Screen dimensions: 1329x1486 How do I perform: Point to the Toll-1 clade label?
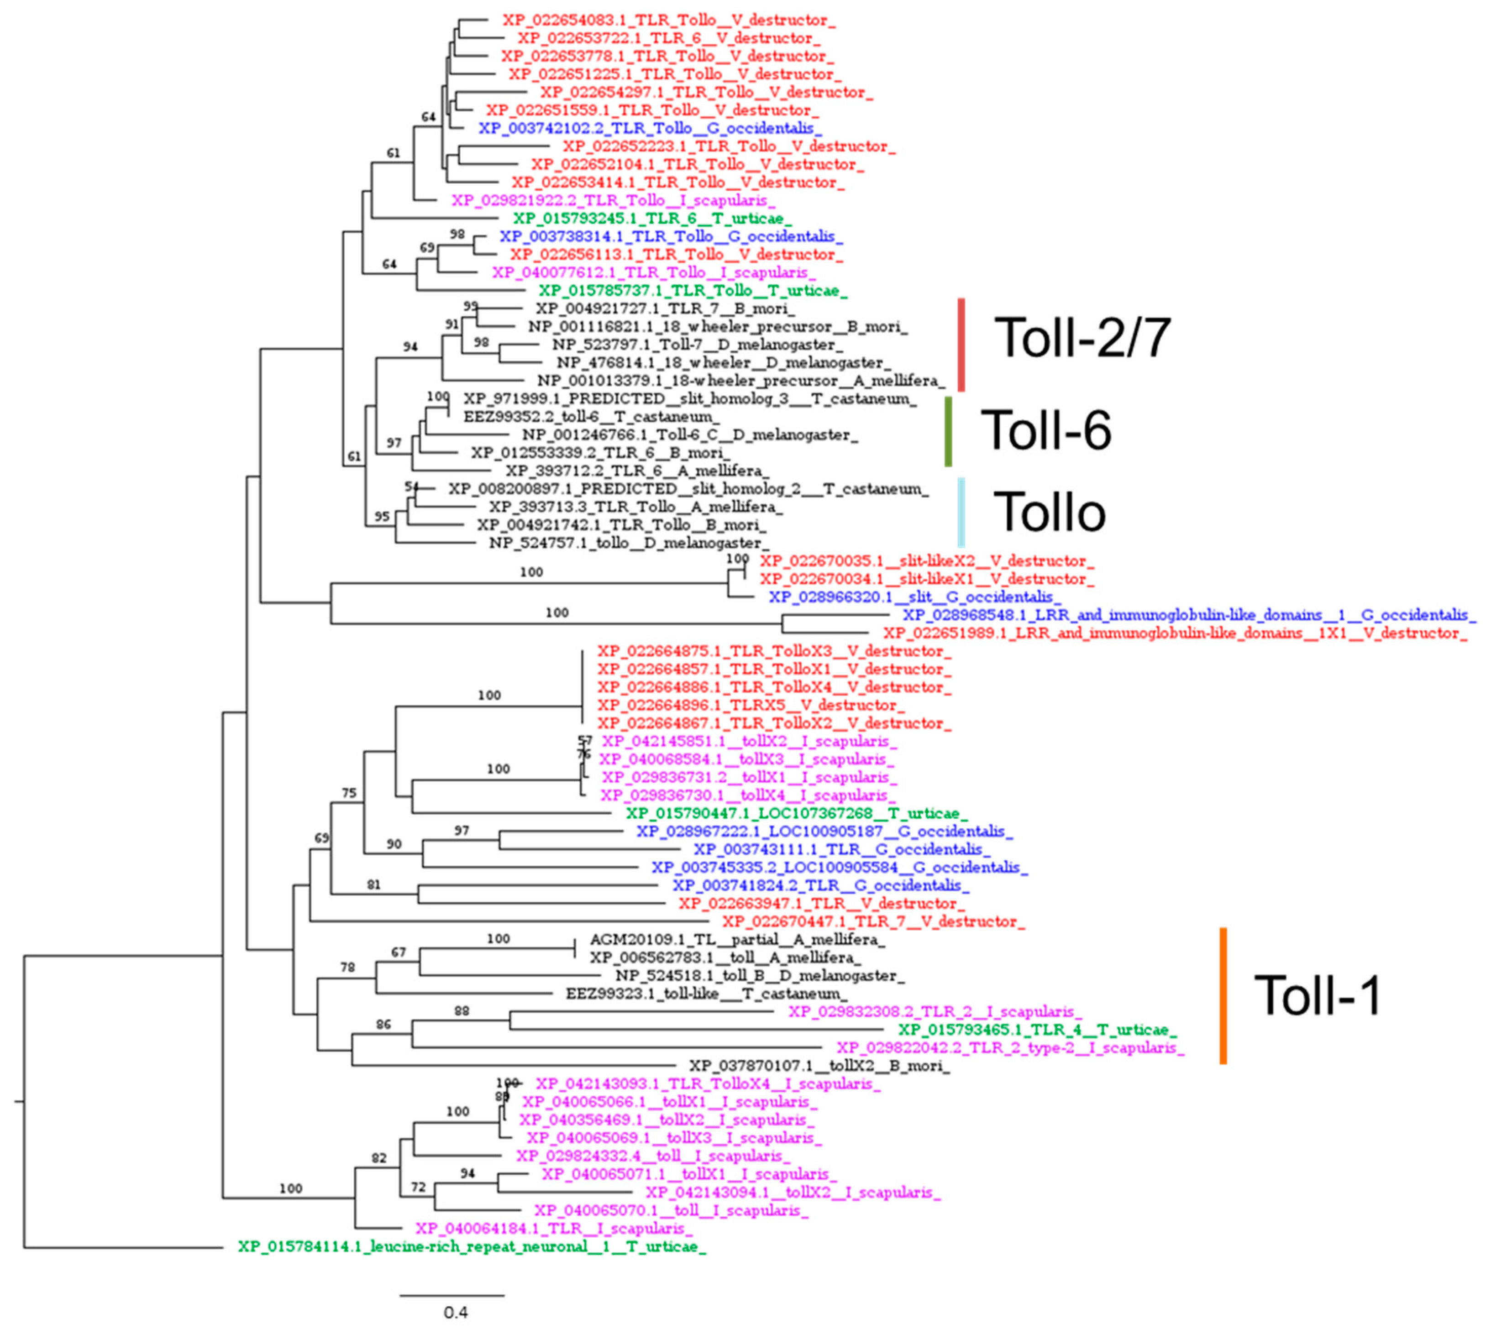click(x=1317, y=995)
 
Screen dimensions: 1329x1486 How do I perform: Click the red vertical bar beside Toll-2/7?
click(x=961, y=345)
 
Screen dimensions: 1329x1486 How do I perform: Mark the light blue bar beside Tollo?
click(x=961, y=512)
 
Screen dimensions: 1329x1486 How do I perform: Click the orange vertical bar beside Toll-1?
click(x=1223, y=995)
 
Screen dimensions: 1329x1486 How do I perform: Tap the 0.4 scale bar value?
click(x=455, y=1312)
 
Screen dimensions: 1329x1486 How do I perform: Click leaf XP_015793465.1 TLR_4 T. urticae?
click(x=1037, y=1030)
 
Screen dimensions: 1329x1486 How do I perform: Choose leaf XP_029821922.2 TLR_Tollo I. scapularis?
click(x=614, y=200)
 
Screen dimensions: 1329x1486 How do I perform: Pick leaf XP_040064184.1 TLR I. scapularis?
click(x=554, y=1228)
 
